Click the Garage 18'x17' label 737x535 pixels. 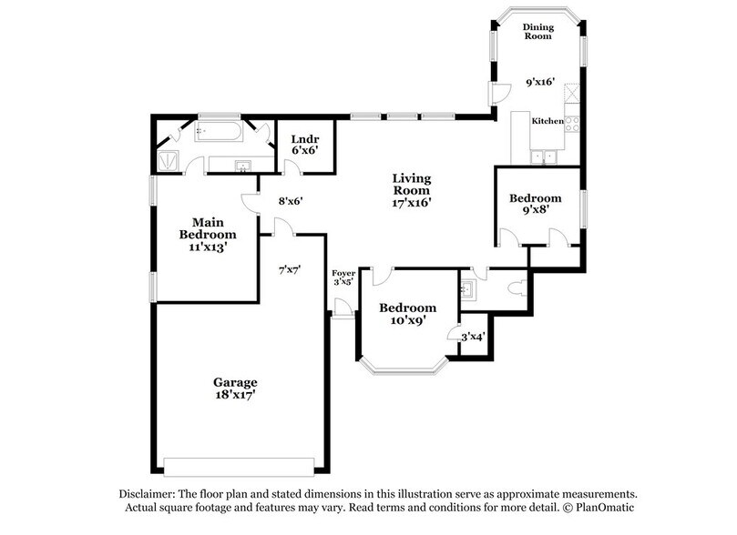click(x=236, y=389)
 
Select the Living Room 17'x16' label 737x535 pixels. click(x=411, y=191)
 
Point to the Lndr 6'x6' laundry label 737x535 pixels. click(x=303, y=144)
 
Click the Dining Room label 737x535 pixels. click(x=538, y=33)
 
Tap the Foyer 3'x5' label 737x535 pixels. click(x=343, y=277)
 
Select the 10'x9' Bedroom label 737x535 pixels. click(x=407, y=314)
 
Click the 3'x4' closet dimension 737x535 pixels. click(x=472, y=337)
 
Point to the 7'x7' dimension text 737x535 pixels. click(x=290, y=270)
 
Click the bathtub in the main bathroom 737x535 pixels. click(x=216, y=133)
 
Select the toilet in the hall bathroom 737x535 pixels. click(x=517, y=290)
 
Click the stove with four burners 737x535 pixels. click(x=573, y=121)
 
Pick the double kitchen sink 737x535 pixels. click(x=545, y=156)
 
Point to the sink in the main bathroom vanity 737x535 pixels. click(x=243, y=166)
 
